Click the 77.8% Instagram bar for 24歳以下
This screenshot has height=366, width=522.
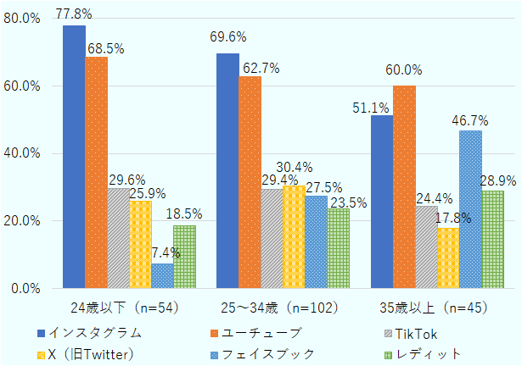coord(74,157)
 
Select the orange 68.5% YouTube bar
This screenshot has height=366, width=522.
coord(96,173)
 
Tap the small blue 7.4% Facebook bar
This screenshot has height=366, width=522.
coord(162,276)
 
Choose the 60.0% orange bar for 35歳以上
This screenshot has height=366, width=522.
coord(404,187)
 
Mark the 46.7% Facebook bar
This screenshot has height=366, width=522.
coord(470,209)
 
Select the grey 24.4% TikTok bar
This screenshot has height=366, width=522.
coord(426,247)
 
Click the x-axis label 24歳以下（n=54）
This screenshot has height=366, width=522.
coord(124,306)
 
